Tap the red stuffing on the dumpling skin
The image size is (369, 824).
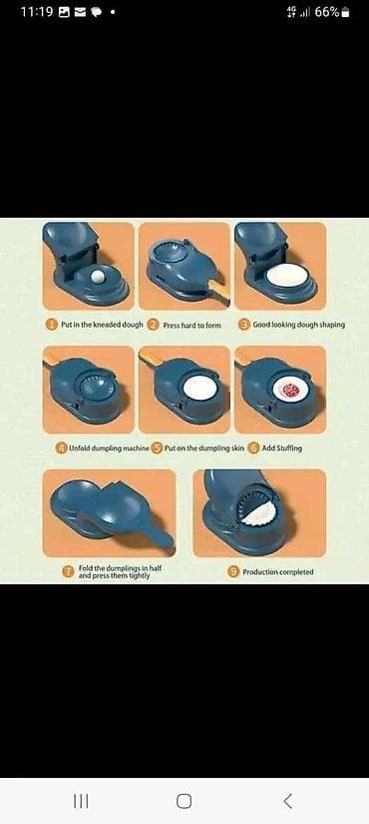click(290, 391)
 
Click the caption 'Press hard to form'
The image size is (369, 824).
click(192, 326)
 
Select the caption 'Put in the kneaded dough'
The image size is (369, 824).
click(102, 325)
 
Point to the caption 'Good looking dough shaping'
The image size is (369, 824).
click(298, 325)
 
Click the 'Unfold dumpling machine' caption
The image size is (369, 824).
click(110, 448)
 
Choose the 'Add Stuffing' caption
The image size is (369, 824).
click(282, 448)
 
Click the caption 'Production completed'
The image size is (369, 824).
click(277, 571)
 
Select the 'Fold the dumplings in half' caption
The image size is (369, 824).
click(114, 568)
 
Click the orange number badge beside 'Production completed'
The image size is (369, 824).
click(233, 571)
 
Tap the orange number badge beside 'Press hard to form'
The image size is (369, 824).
click(154, 325)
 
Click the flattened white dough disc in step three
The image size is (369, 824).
click(286, 275)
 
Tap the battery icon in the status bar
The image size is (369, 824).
click(345, 13)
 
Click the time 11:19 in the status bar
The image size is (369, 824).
click(37, 12)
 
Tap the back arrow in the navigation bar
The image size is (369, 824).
click(287, 801)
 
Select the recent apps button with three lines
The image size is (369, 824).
click(81, 801)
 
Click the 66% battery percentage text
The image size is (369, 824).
click(327, 12)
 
